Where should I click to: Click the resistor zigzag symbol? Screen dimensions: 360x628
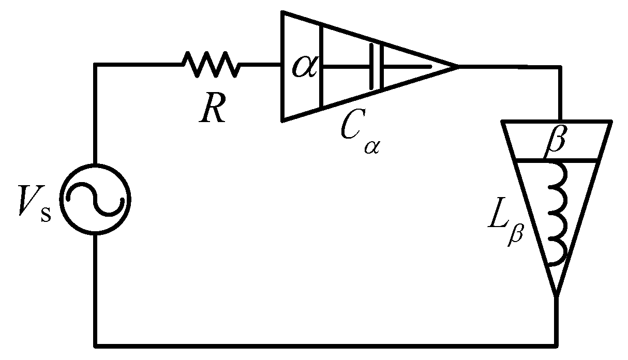(x=211, y=65)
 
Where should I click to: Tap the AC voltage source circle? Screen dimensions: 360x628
(x=95, y=199)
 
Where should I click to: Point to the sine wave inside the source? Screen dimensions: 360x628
(x=95, y=199)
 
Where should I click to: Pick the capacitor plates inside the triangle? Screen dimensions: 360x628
(x=376, y=67)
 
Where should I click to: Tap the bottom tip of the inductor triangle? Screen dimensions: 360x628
(x=557, y=296)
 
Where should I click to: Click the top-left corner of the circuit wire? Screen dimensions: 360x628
(x=95, y=65)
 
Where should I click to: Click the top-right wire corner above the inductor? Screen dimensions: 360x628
(x=559, y=67)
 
